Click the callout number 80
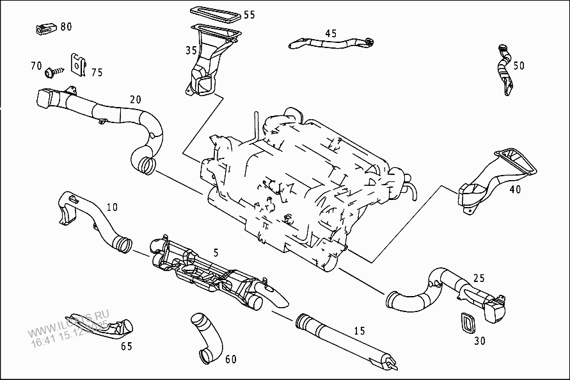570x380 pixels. click(x=66, y=27)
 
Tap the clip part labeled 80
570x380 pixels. click(x=44, y=28)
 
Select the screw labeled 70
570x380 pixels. click(x=55, y=67)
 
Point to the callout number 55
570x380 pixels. click(x=249, y=15)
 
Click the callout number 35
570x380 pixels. click(x=191, y=50)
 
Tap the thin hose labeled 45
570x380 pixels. click(x=329, y=44)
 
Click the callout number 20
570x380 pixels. click(x=135, y=99)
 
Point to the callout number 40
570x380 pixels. click(x=515, y=189)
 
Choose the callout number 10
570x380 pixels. click(x=112, y=207)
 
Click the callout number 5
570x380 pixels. click(x=216, y=253)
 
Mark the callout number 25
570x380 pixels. click(x=479, y=278)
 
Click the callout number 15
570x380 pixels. click(x=359, y=331)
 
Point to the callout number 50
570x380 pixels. click(x=518, y=65)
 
